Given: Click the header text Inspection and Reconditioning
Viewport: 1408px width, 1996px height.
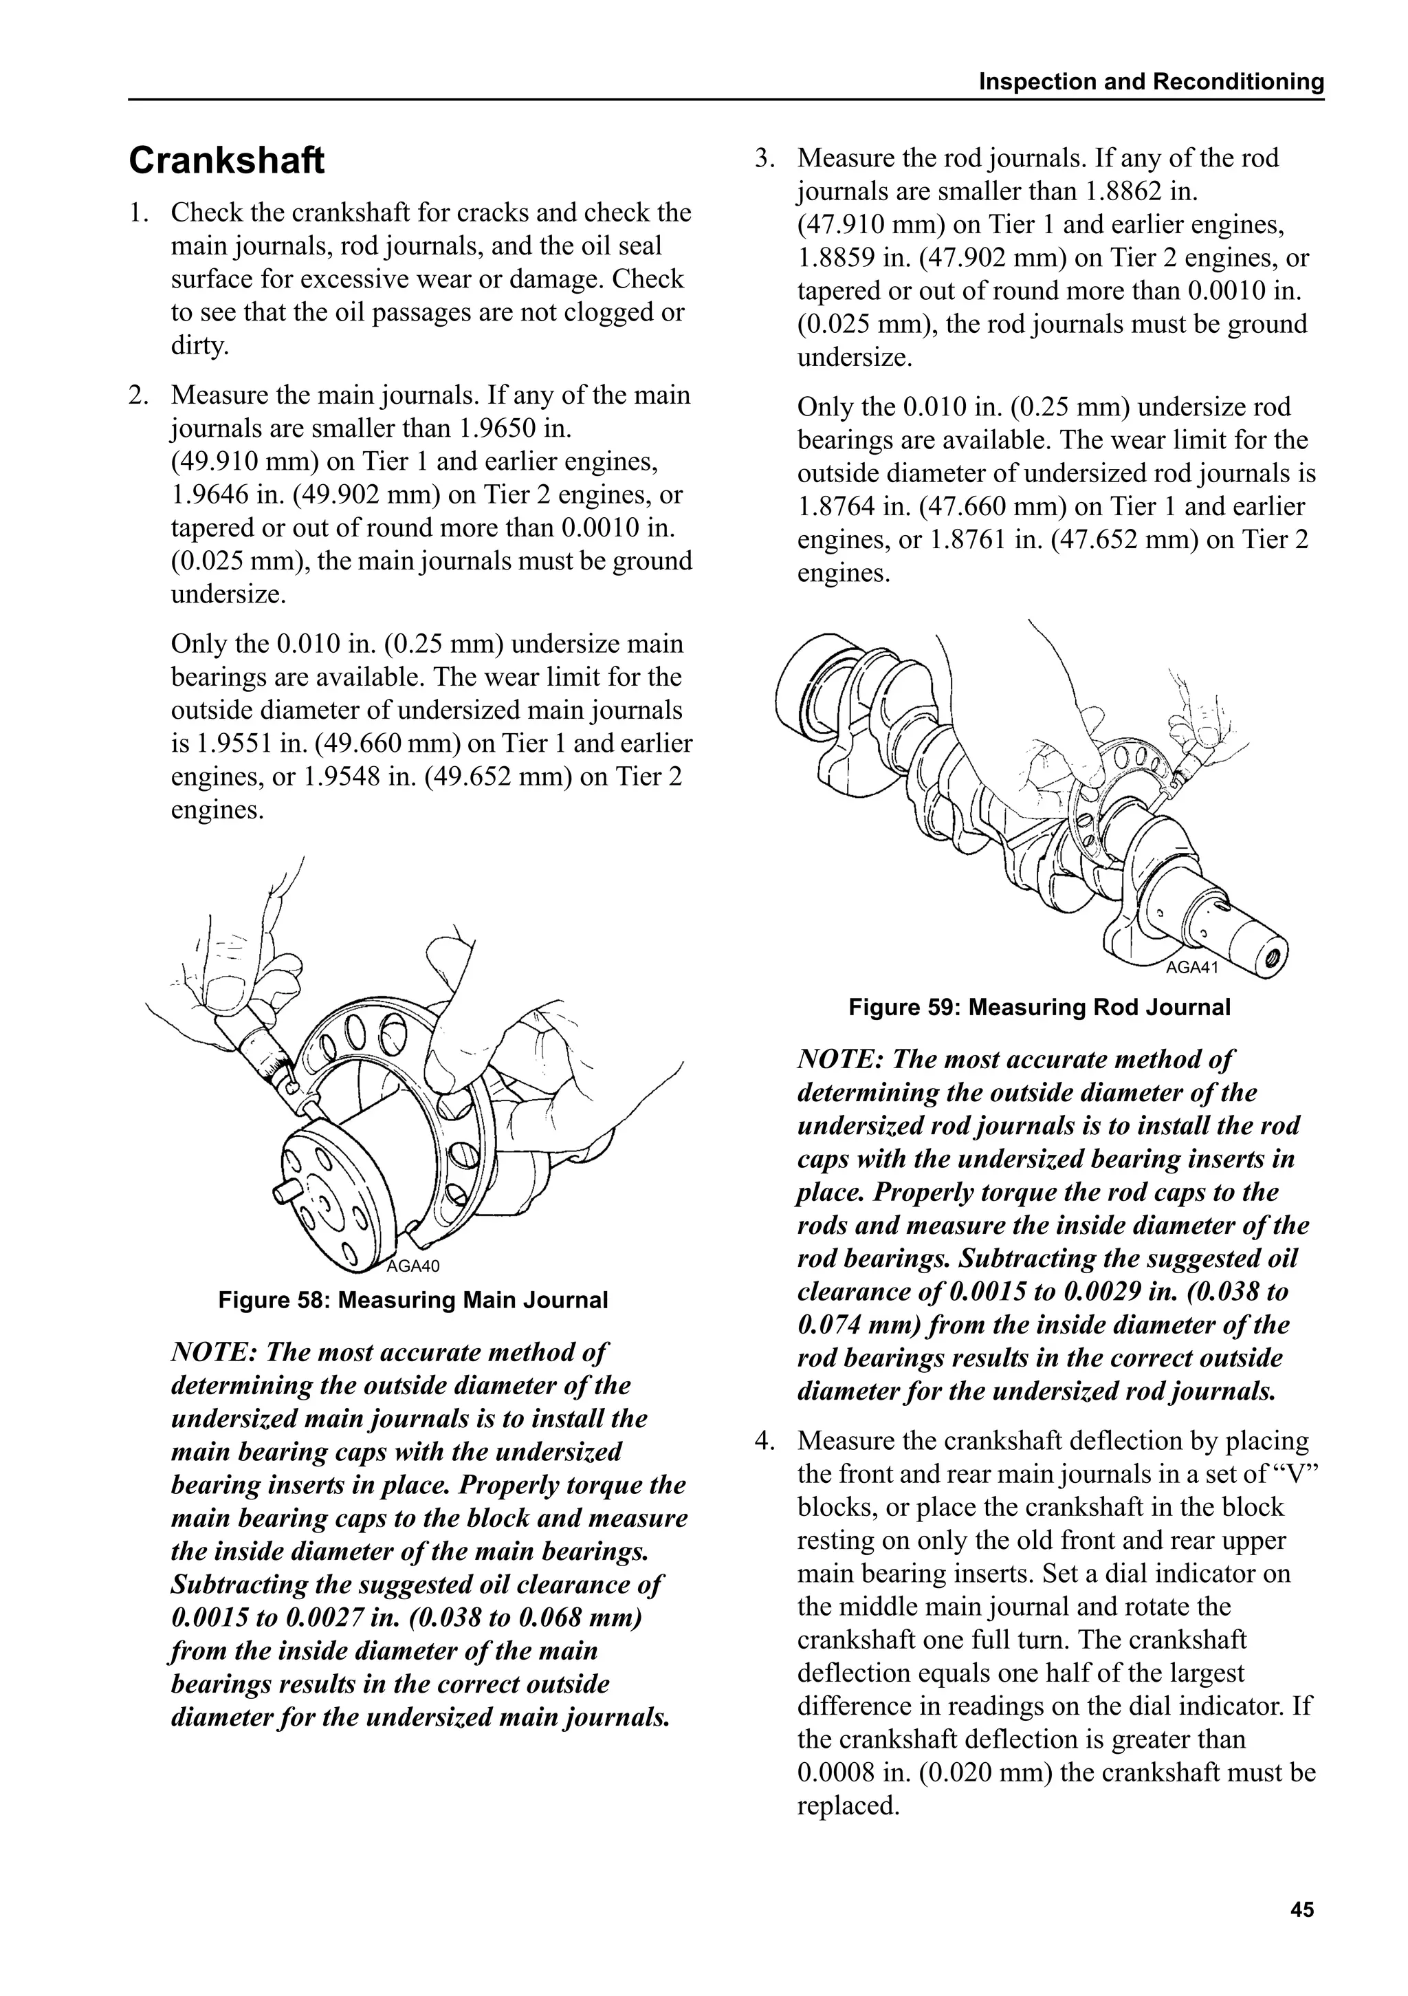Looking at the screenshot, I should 1151,82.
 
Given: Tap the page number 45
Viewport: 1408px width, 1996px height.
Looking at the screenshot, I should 1302,1910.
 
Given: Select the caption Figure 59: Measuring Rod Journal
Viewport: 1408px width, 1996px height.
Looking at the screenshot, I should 1039,1008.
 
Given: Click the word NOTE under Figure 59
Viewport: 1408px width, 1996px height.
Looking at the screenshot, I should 839,1060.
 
